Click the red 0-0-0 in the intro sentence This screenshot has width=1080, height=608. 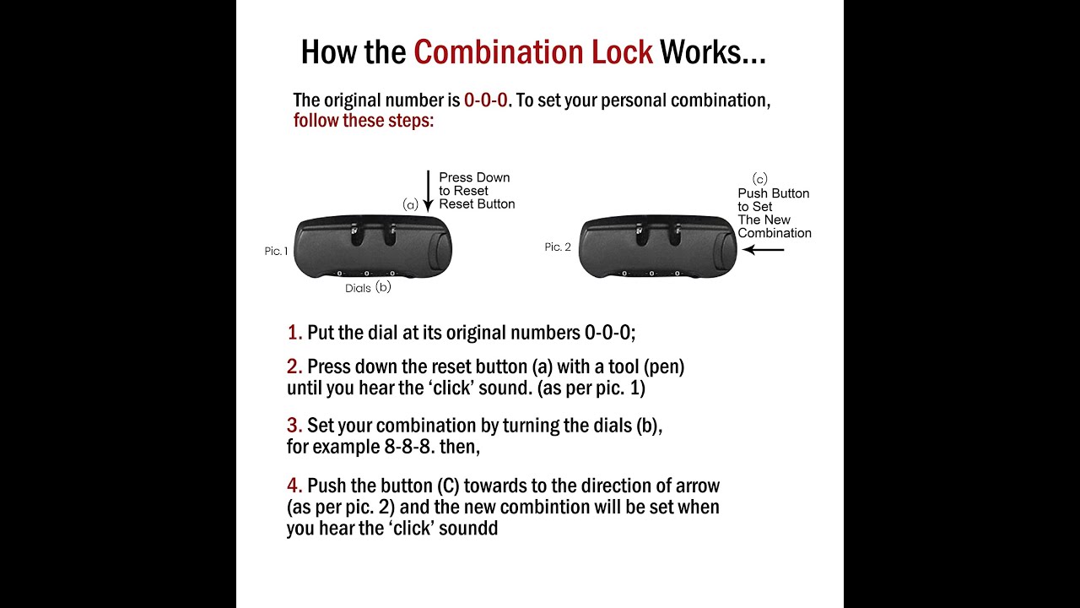coord(485,100)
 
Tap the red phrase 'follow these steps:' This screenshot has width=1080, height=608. coord(364,120)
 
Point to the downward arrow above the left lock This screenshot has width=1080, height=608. coord(428,191)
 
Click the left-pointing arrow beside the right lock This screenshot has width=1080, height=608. coord(764,249)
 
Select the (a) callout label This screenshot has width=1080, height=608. coord(410,204)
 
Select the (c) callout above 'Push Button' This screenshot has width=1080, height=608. coord(760,179)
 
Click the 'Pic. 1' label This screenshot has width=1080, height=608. coord(276,251)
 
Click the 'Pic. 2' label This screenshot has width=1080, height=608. coord(558,247)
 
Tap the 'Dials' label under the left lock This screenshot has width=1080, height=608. coord(358,288)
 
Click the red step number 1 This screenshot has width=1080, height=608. coord(294,333)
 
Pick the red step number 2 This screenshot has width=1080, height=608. coord(294,366)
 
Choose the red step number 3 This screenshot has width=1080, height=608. coord(294,426)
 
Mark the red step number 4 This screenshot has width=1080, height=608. coord(294,486)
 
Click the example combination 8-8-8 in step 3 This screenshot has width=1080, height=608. coord(407,447)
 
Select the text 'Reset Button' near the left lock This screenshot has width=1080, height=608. coord(477,204)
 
